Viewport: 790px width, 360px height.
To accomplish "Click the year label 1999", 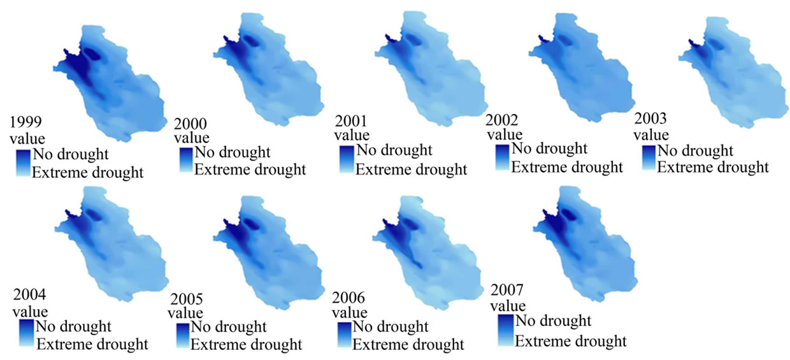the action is [x=25, y=122].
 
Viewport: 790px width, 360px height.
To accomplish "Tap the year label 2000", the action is [x=190, y=124].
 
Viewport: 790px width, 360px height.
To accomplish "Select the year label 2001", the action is [x=351, y=121].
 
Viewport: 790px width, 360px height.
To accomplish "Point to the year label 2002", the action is [x=502, y=120].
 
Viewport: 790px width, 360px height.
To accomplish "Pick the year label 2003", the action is [x=650, y=119].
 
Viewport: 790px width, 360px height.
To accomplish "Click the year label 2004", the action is [x=29, y=294].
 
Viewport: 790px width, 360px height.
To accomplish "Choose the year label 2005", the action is [x=187, y=299].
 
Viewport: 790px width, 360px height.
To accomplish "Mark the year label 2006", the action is [x=348, y=298].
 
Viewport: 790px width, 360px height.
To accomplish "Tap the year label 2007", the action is [x=506, y=290].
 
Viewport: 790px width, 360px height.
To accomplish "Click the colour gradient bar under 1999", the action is [x=24, y=163].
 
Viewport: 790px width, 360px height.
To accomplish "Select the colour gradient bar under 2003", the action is [x=649, y=157].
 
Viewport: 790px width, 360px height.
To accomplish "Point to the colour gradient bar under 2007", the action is [x=506, y=330].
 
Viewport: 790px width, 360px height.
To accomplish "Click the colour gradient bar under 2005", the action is [x=183, y=336].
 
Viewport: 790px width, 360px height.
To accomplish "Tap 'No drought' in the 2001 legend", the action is [x=394, y=150].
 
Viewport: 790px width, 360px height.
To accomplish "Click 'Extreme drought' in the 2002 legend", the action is [x=567, y=168].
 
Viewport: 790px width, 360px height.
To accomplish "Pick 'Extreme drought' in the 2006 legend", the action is [x=408, y=345].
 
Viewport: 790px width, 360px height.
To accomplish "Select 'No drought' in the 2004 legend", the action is [x=73, y=326].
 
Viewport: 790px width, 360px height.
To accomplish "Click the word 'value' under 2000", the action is [x=192, y=138].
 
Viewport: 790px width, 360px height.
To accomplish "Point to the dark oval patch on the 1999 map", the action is [x=91, y=54].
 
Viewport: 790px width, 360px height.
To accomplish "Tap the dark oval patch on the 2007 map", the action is [x=568, y=214].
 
